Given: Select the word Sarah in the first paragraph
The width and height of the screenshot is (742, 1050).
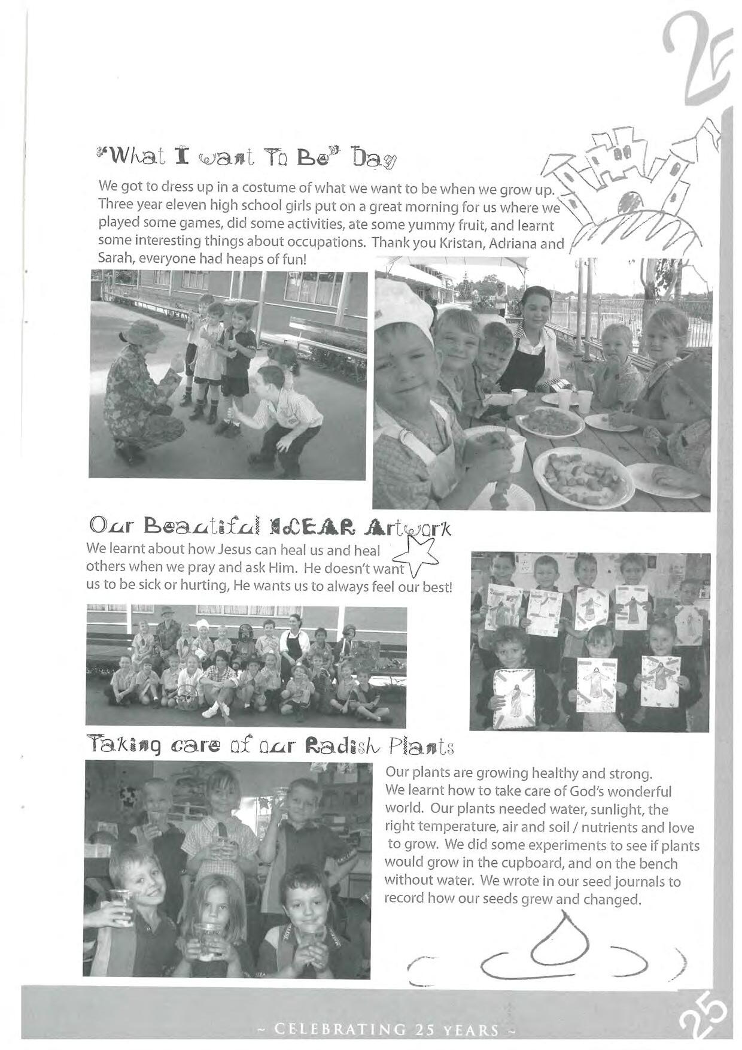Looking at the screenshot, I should point(114,260).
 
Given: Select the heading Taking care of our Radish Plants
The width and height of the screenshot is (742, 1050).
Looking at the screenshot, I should point(269,746).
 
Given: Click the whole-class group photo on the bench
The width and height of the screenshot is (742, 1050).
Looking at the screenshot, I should point(245,666).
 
